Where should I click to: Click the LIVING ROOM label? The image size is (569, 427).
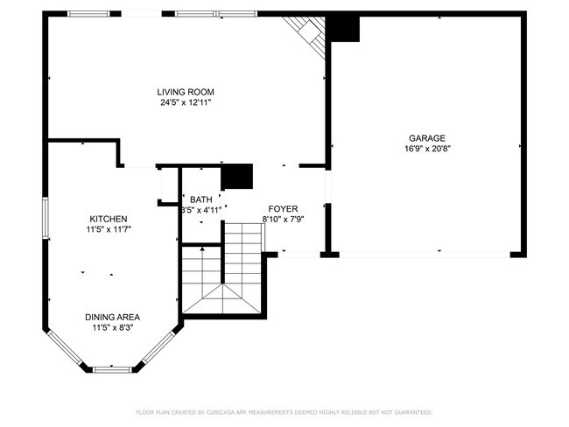[x=186, y=92]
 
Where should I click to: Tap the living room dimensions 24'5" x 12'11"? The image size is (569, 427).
[x=186, y=102]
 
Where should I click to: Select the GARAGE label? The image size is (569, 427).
[x=427, y=137]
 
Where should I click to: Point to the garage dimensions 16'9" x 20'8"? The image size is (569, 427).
[x=427, y=148]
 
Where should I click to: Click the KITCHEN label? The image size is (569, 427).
[x=109, y=219]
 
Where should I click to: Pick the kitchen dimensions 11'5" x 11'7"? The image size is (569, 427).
[x=109, y=229]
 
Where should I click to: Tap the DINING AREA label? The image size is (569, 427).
[x=112, y=317]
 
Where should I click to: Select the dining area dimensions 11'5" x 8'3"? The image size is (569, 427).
[x=112, y=327]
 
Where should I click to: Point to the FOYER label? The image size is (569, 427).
[x=283, y=208]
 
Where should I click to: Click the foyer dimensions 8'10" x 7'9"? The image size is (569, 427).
[x=283, y=219]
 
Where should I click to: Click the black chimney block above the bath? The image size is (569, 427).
[x=236, y=177]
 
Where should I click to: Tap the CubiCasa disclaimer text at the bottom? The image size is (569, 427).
[x=284, y=411]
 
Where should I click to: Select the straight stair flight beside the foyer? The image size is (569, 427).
[x=244, y=241]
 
